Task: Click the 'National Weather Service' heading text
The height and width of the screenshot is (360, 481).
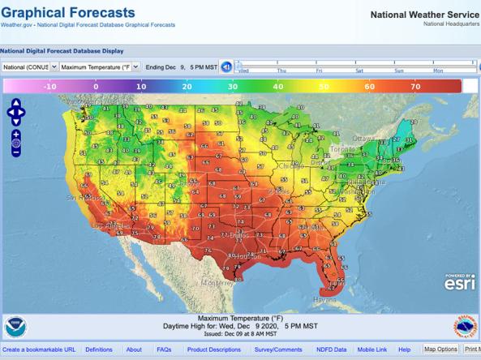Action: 424,14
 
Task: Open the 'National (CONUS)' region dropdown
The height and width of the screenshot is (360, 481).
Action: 28,66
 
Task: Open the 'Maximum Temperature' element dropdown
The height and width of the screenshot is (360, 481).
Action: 100,66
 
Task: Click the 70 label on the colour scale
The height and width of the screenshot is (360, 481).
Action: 414,85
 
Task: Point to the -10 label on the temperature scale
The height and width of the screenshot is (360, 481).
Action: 49,85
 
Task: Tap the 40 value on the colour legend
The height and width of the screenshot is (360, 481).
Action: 278,85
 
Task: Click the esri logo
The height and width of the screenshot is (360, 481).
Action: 459,281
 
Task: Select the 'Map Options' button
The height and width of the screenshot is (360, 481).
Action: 441,349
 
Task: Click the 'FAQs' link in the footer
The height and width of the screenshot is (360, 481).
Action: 164,349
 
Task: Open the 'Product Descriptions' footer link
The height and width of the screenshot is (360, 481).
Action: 213,349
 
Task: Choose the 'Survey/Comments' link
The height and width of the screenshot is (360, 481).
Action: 278,349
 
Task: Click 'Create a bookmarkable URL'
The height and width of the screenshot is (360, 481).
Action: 39,349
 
